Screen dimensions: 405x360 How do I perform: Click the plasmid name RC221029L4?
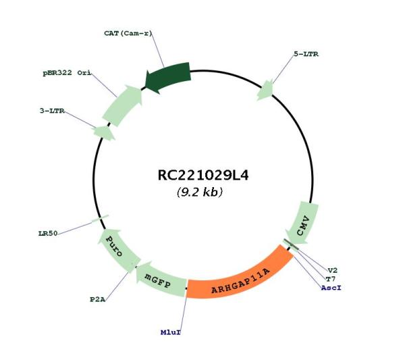(203, 175)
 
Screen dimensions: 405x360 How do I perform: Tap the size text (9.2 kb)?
(199, 192)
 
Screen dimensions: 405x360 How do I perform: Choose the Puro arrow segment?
(117, 249)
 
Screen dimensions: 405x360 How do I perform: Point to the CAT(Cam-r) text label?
(128, 33)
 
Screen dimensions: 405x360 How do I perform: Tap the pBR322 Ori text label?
(67, 73)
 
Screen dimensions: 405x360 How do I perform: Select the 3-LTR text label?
(52, 111)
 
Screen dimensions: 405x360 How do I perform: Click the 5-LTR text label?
(306, 54)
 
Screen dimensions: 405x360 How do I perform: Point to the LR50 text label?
(48, 234)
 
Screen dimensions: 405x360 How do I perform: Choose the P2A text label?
(98, 299)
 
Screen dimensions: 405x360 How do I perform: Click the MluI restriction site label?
(171, 332)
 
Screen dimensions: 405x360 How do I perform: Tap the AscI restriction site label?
(331, 288)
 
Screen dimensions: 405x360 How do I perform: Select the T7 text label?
(331, 279)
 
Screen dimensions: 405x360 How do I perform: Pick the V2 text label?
(333, 271)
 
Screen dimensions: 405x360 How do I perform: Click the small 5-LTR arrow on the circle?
(265, 90)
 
